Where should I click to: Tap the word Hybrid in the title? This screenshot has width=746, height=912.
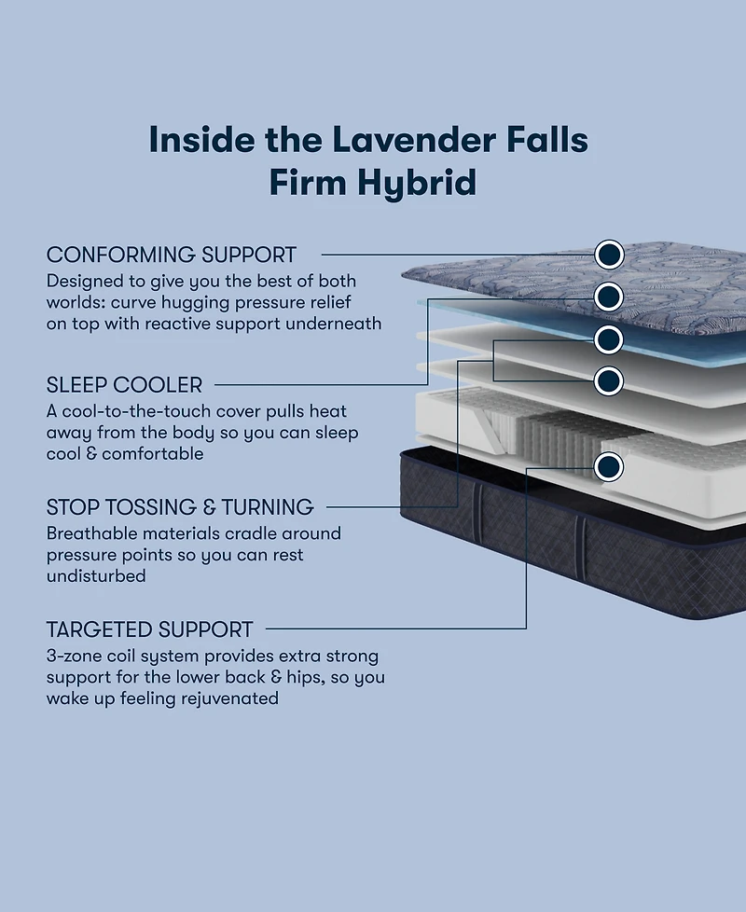(x=418, y=183)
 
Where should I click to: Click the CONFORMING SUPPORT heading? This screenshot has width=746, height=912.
(x=172, y=255)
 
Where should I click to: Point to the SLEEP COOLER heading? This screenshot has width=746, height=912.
(x=124, y=384)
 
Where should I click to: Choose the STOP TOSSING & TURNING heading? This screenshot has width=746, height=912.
(x=180, y=507)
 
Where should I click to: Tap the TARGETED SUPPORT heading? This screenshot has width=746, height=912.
(x=150, y=629)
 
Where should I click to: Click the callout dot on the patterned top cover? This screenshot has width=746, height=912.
(x=608, y=254)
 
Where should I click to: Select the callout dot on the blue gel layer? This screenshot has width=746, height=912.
(x=608, y=297)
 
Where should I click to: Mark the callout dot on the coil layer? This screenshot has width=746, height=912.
(x=608, y=464)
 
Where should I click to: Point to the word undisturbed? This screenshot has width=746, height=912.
(x=96, y=576)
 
